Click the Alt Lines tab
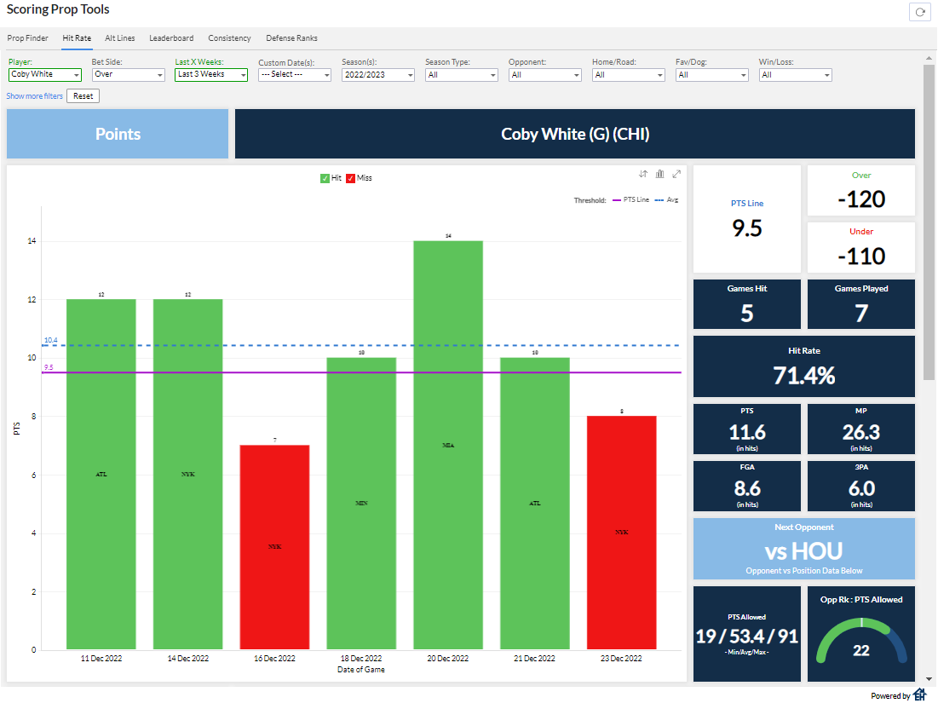[119, 38]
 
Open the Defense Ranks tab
[291, 38]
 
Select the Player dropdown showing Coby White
[44, 75]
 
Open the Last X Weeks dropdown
[211, 75]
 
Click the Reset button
[83, 96]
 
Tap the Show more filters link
[34, 96]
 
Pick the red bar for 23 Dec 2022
[621, 533]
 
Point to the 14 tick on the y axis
[31, 242]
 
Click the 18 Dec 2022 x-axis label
[361, 659]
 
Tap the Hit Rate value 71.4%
[803, 375]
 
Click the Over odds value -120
[860, 199]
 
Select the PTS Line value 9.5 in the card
[746, 228]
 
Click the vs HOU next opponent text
[803, 550]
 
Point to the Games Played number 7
[860, 313]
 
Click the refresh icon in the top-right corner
[919, 12]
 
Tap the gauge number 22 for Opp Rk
[860, 649]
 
